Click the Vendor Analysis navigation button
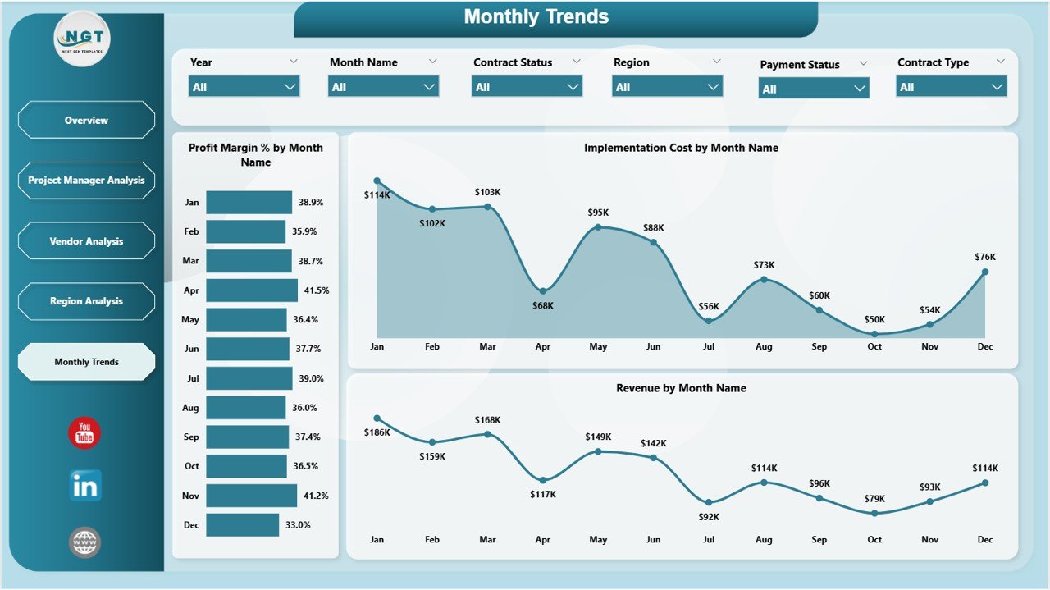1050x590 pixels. click(86, 241)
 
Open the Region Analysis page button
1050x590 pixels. click(86, 301)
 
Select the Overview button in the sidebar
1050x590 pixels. click(86, 121)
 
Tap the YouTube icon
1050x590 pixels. click(84, 433)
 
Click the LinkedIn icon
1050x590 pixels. click(84, 487)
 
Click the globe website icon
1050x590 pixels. click(84, 542)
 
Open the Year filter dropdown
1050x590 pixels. click(244, 86)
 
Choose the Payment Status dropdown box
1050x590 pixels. click(813, 89)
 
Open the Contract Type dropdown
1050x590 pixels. click(951, 86)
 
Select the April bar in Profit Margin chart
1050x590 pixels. click(251, 290)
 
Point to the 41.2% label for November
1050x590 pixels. click(315, 496)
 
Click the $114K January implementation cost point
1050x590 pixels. click(377, 181)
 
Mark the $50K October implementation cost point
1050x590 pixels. click(874, 334)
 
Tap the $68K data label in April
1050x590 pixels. click(542, 305)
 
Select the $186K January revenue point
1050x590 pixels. click(377, 418)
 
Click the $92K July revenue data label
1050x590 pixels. click(709, 517)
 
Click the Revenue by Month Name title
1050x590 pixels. click(681, 388)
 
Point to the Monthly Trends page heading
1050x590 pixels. click(536, 16)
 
